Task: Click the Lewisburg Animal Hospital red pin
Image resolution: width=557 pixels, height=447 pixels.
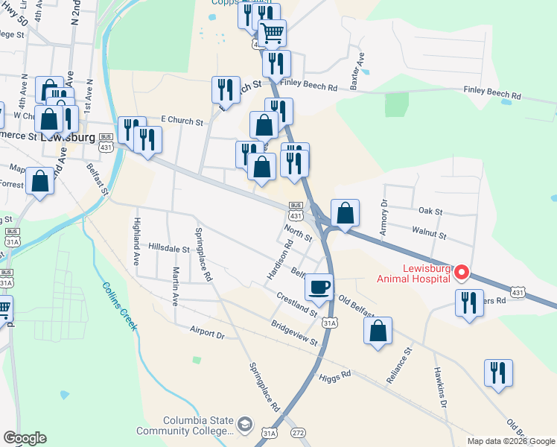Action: [x=461, y=273]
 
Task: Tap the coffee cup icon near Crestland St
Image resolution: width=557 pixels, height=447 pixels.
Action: [x=319, y=287]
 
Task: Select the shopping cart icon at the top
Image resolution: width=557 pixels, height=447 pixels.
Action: [x=273, y=32]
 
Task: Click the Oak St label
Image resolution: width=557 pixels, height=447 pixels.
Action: [x=430, y=211]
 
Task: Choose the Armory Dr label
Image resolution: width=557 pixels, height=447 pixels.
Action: [x=384, y=218]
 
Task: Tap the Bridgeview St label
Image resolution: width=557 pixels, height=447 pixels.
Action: [x=295, y=333]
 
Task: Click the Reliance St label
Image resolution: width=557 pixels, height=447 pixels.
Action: [x=399, y=365]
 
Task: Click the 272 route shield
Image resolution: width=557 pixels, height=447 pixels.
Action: [x=299, y=432]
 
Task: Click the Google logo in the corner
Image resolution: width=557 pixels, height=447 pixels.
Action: [x=25, y=438]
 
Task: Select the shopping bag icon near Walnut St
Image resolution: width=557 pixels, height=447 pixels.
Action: [x=346, y=213]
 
